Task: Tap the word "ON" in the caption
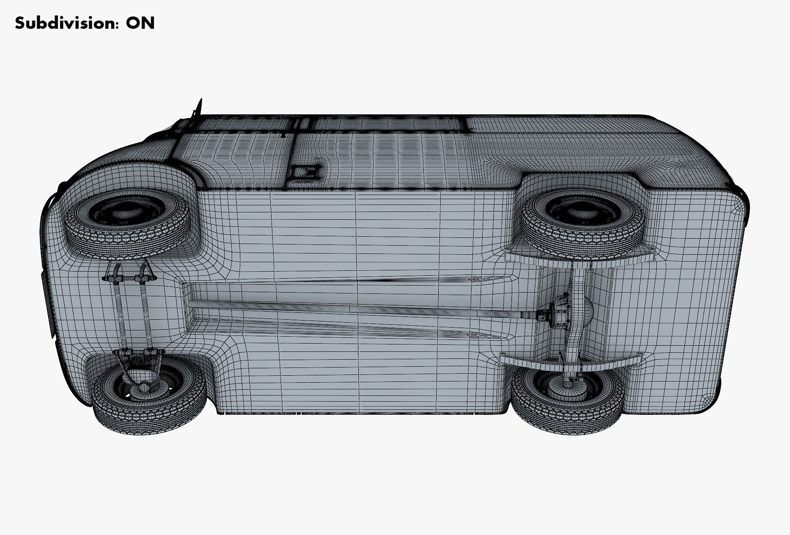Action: coord(140,23)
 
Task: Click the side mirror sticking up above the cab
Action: coord(199,108)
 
